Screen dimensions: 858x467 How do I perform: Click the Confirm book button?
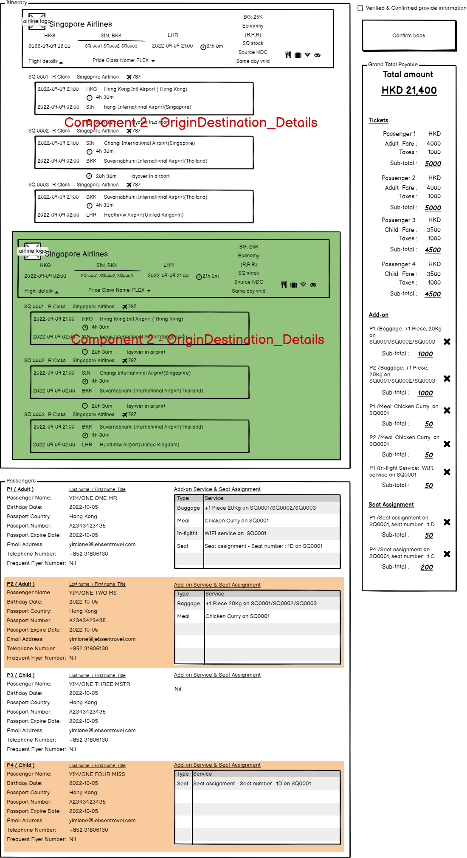[x=409, y=36]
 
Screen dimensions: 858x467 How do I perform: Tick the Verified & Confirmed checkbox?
[x=360, y=8]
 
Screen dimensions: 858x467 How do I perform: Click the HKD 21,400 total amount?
[x=409, y=90]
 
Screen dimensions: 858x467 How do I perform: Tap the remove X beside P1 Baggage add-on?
[x=447, y=342]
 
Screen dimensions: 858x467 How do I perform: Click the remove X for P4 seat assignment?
[x=447, y=554]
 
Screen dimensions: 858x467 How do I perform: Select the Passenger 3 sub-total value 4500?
[x=433, y=250]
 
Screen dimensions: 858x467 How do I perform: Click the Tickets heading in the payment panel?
[x=378, y=120]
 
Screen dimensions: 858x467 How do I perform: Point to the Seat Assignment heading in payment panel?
[x=391, y=505]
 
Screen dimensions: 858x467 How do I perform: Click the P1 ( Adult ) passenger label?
[x=20, y=489]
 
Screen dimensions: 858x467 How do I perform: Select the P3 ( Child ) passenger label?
[x=21, y=675]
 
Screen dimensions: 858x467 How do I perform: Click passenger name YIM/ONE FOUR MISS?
[x=97, y=774]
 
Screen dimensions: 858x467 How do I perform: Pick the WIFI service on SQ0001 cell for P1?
[x=236, y=533]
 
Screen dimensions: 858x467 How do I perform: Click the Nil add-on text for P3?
[x=178, y=689]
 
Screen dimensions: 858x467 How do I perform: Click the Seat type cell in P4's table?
[x=183, y=784]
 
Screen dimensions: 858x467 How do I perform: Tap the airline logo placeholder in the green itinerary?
[x=33, y=251]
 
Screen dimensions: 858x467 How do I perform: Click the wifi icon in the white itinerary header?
[x=307, y=55]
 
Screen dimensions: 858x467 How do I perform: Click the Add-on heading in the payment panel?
[x=379, y=315]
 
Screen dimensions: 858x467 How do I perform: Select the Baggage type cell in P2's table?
[x=188, y=604]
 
